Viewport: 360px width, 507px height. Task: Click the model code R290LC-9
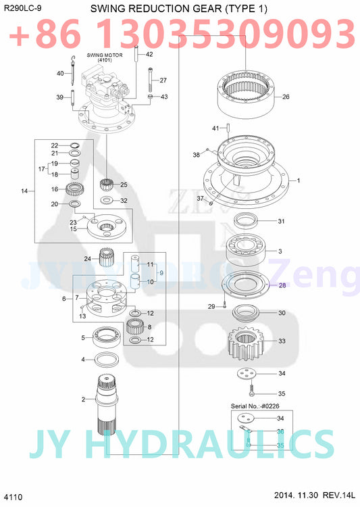tap(21, 9)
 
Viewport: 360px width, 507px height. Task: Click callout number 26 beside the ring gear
tap(285, 97)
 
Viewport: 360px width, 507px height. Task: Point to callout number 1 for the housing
tap(298, 180)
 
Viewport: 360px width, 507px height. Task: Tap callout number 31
tap(281, 221)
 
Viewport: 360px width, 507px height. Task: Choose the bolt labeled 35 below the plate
tap(251, 390)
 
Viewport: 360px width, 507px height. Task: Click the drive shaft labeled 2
tap(107, 406)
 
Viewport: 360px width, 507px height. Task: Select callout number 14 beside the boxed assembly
tap(24, 191)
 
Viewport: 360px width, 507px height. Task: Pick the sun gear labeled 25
tap(105, 185)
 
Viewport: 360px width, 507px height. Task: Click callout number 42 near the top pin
tap(149, 54)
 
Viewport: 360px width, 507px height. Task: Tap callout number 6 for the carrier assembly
tap(63, 298)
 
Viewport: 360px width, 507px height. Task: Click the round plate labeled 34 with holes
tap(248, 373)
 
